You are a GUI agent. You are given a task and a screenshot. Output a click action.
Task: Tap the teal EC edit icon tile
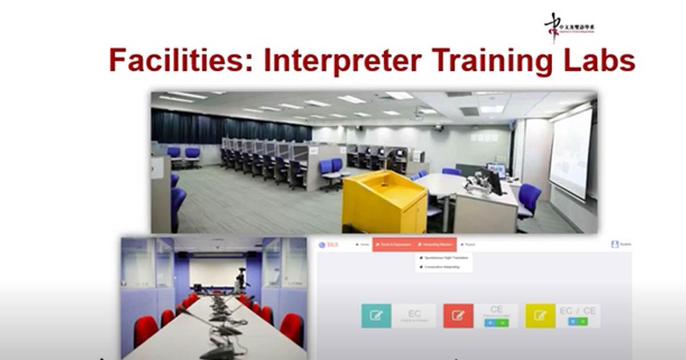tap(376, 315)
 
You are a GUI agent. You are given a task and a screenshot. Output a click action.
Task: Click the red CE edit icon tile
tap(458, 315)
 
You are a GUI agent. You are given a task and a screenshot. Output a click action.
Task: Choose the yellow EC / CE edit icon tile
tap(540, 315)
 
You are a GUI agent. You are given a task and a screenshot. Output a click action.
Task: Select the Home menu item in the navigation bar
tap(362, 245)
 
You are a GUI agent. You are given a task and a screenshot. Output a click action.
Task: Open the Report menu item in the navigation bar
tap(468, 245)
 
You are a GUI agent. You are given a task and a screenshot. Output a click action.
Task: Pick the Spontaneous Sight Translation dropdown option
tap(445, 258)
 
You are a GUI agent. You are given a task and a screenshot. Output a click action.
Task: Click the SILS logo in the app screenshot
tap(329, 245)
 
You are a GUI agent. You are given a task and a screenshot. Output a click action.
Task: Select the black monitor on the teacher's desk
tap(492, 181)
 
